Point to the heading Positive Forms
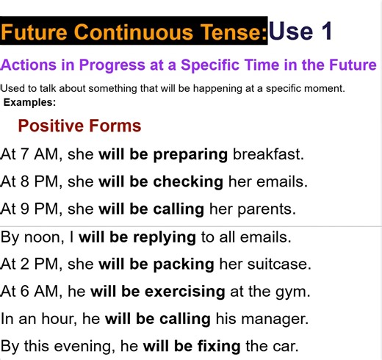(x=79, y=126)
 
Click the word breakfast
(x=267, y=154)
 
